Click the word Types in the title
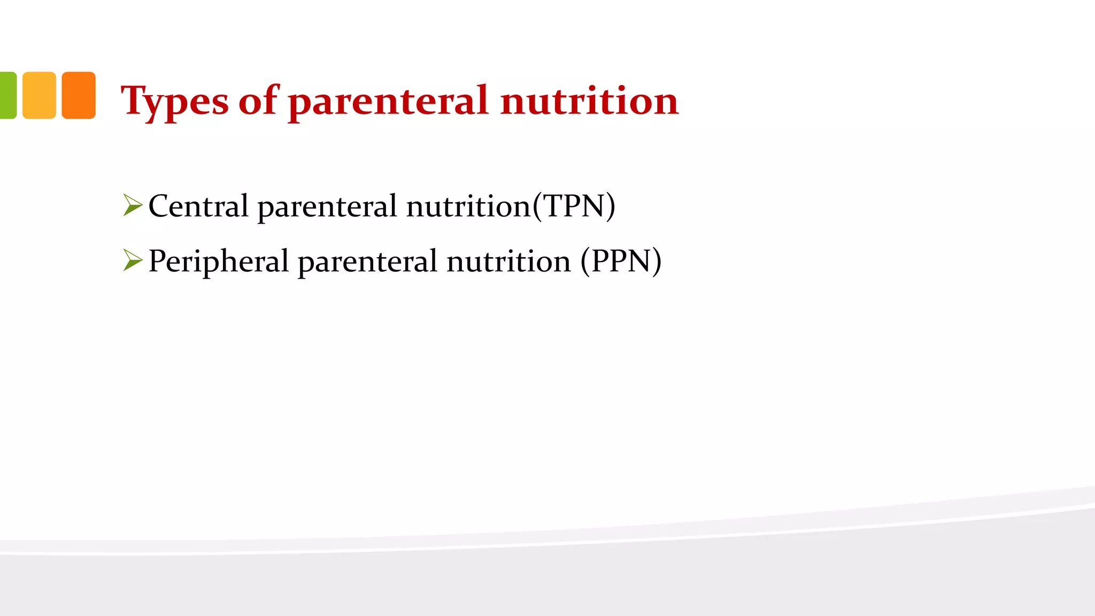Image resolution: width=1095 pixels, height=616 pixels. [x=174, y=102]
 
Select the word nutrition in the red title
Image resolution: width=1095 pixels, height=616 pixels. [x=589, y=101]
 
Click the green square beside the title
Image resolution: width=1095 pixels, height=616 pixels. [x=7, y=95]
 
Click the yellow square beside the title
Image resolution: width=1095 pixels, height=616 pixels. [x=39, y=95]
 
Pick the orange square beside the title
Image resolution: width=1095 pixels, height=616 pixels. [x=79, y=95]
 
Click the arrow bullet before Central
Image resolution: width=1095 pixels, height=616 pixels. [x=132, y=205]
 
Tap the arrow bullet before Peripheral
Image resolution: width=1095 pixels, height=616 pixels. [x=132, y=260]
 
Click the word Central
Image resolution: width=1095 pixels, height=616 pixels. [x=198, y=206]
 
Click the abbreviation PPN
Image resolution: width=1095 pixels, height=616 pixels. [x=621, y=261]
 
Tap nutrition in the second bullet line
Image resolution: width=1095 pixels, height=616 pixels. [x=508, y=261]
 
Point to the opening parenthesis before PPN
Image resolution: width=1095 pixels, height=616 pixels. [x=585, y=261]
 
